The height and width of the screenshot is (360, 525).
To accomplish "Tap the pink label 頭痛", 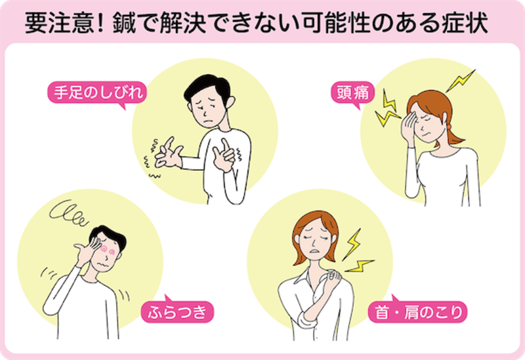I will tap(351, 93).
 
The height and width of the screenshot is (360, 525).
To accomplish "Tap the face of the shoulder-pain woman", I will tap(313, 240).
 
